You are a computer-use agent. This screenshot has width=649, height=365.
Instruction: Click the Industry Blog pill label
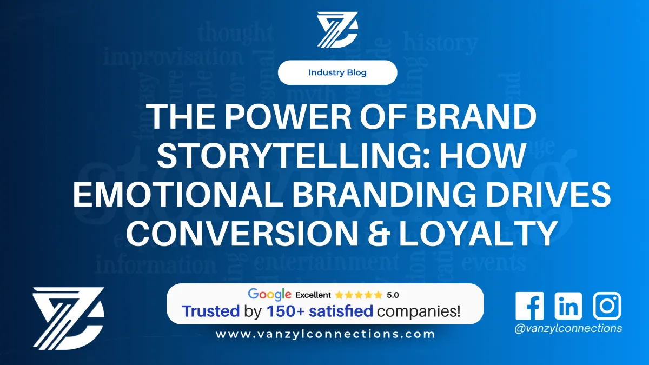(337, 72)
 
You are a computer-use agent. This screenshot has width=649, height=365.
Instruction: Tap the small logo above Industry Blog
(337, 30)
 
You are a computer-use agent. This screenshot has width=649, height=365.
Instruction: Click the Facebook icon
(529, 306)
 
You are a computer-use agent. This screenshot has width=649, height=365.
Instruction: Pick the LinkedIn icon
(568, 306)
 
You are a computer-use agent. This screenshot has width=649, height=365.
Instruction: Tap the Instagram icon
(607, 306)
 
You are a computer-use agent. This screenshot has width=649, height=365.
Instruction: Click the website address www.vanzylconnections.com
(325, 334)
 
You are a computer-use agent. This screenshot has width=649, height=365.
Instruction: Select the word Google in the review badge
(270, 295)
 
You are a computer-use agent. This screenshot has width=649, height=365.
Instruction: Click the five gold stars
(358, 295)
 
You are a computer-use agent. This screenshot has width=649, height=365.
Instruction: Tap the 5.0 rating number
(393, 295)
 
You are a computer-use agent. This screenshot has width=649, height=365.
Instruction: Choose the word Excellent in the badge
(313, 295)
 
